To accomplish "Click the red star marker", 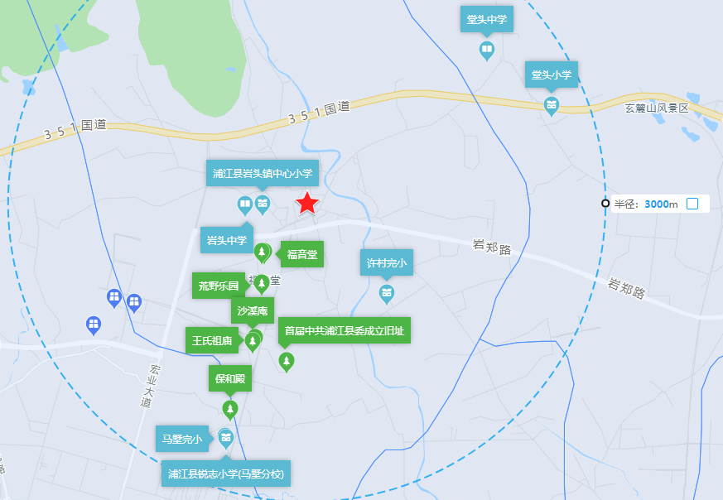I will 307,203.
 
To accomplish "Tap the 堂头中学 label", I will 486,20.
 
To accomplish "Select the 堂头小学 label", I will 552,75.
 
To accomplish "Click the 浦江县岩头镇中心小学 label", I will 263,173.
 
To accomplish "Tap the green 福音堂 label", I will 302,254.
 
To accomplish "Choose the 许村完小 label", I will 386,264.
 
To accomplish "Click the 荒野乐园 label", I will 219,286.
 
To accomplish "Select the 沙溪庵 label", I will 253,311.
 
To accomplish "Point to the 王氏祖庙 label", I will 212,340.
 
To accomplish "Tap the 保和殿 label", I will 230,378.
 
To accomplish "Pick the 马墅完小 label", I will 181,438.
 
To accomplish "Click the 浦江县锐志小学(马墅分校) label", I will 226,474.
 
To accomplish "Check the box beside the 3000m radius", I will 692,204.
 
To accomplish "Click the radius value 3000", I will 656,204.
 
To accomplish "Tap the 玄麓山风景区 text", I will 657,108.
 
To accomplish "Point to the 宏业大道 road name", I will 147,386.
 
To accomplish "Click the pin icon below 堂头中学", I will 487,51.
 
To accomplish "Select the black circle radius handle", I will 605,204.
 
